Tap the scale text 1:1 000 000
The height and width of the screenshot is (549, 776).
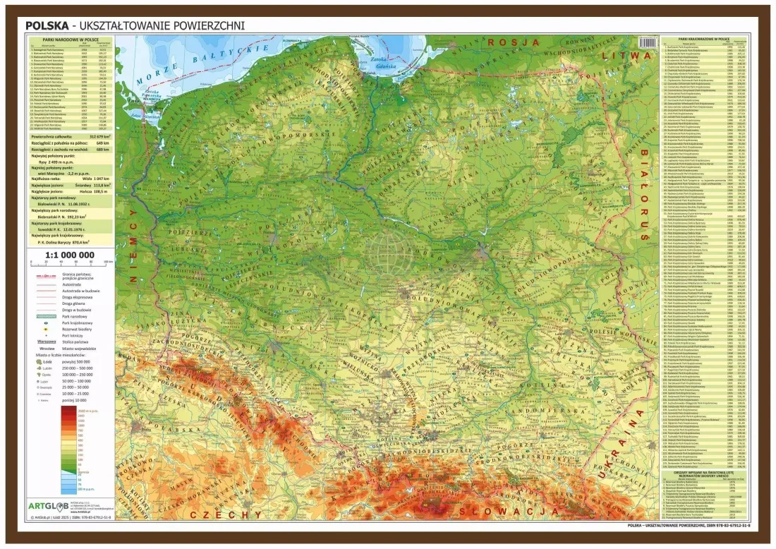click(69, 255)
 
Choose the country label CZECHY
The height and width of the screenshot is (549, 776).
click(233, 514)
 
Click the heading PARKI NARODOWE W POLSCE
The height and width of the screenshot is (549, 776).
click(69, 40)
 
